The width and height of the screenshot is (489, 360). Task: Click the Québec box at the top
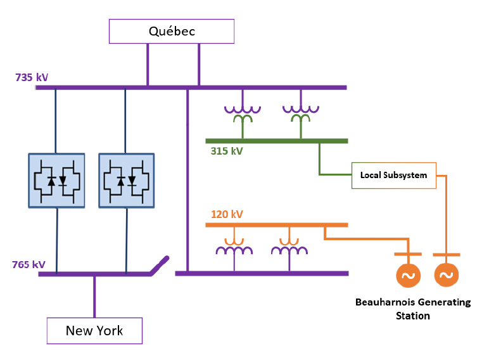(x=172, y=31)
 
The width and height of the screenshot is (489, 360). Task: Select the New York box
(x=94, y=330)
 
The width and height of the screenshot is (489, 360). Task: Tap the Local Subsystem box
(x=394, y=176)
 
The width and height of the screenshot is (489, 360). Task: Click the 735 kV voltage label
(x=32, y=78)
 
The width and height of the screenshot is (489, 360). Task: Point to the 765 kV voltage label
(x=29, y=264)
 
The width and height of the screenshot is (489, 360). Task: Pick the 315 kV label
(x=227, y=151)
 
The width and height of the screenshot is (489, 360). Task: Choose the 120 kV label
(x=227, y=214)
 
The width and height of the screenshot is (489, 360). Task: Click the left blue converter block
(x=57, y=181)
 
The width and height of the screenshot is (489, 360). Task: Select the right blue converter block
(x=127, y=181)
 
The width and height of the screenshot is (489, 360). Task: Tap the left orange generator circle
(x=407, y=275)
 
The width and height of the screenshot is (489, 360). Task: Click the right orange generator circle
(x=447, y=275)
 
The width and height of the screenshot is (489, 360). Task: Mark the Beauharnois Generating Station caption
(x=412, y=309)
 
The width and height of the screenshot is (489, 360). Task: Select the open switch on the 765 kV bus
(x=160, y=266)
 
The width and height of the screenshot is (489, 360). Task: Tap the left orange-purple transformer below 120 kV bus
(x=234, y=246)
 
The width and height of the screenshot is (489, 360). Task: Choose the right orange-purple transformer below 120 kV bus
(x=289, y=246)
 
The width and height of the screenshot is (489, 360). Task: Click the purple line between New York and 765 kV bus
(x=94, y=296)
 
